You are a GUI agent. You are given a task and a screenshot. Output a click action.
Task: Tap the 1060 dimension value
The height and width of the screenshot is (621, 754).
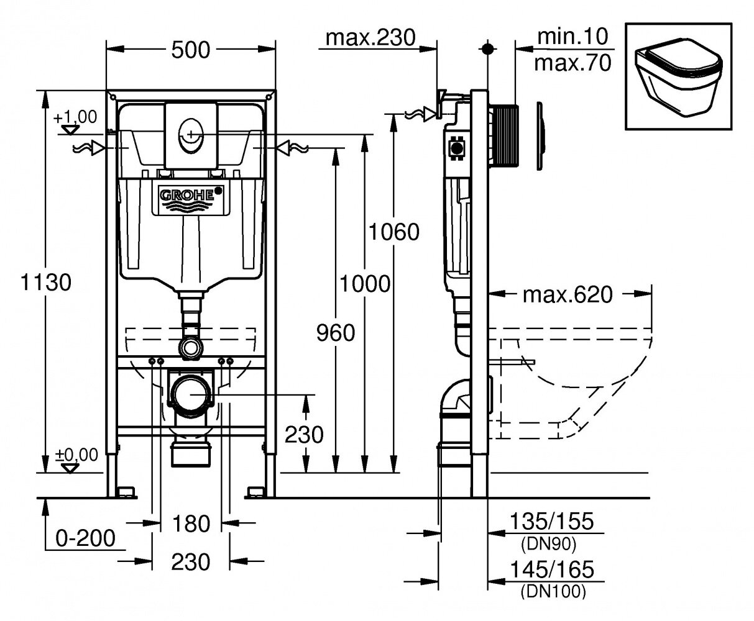click(392, 232)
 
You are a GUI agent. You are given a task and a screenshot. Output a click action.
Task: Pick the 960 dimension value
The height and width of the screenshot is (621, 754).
click(336, 333)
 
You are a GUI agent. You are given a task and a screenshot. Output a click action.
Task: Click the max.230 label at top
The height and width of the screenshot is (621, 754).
click(370, 38)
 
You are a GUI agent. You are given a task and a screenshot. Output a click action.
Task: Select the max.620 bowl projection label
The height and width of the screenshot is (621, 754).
click(568, 294)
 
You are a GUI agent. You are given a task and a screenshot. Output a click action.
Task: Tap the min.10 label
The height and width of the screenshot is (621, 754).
click(572, 36)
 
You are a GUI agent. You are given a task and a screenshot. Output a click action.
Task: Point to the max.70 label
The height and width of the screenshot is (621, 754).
click(572, 62)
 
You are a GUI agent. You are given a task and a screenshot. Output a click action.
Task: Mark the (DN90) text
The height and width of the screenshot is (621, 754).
click(547, 544)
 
